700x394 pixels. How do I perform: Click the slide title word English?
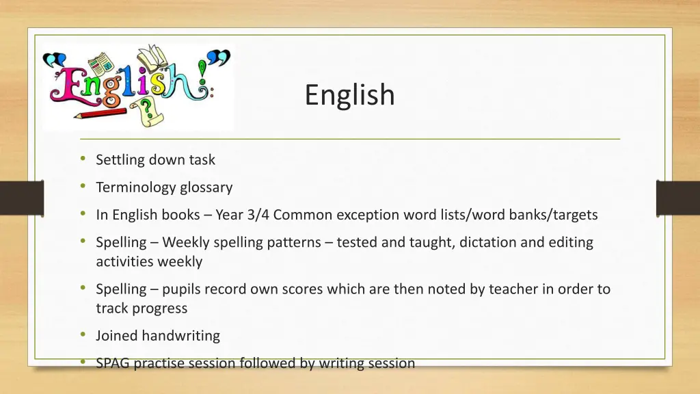[x=349, y=95]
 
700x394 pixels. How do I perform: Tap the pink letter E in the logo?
[x=66, y=86]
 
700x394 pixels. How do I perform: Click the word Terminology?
[x=136, y=187]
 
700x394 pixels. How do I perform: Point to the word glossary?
[x=206, y=187]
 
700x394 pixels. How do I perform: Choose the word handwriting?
[x=181, y=336]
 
